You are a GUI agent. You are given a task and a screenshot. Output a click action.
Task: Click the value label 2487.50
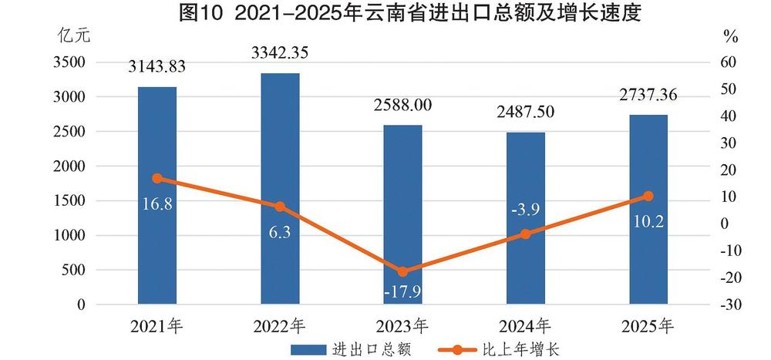click(x=525, y=114)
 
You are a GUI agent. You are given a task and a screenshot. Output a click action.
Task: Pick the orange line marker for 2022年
click(x=280, y=207)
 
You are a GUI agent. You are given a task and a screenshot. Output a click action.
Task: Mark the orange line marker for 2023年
click(x=402, y=271)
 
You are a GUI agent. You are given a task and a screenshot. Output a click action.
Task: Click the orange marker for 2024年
click(x=525, y=234)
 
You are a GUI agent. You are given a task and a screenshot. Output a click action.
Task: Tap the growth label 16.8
click(x=157, y=204)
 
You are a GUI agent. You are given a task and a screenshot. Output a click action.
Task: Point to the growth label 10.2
click(x=648, y=222)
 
